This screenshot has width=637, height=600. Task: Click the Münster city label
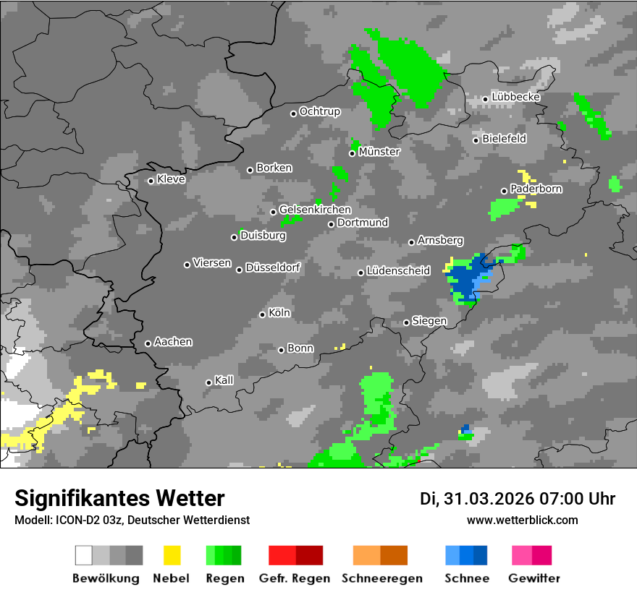(379, 152)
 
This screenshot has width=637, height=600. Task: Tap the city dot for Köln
(263, 314)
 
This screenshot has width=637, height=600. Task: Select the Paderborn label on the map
(536, 189)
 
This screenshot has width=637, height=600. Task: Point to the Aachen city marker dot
(148, 343)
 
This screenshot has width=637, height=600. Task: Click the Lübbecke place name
(515, 97)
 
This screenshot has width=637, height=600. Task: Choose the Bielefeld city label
(504, 138)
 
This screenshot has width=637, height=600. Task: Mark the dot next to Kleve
(151, 181)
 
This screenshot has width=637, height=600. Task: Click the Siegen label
(429, 320)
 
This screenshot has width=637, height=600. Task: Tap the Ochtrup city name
(319, 111)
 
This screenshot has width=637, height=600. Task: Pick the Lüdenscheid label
(398, 270)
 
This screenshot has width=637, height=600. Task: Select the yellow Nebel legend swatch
(172, 555)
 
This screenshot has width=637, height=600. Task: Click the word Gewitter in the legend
(534, 578)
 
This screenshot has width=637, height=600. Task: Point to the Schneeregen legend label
(381, 578)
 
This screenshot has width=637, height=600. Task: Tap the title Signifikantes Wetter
(119, 498)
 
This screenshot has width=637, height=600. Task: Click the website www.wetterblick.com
(522, 520)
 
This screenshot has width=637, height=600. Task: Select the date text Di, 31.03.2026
(476, 499)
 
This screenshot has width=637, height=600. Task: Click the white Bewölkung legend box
(84, 555)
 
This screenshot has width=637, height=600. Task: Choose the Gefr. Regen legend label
(295, 578)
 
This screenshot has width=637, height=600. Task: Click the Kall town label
(224, 380)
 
